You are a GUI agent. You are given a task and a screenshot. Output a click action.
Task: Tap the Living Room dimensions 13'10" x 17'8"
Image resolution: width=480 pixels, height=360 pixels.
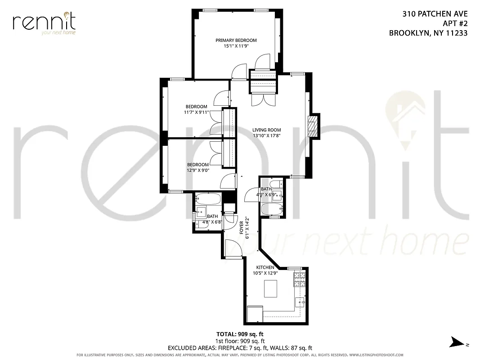(x=266, y=136)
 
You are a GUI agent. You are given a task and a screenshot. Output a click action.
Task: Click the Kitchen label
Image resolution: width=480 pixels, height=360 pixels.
(x=265, y=267)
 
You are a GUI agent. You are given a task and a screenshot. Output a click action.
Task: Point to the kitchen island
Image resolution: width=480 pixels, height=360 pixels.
(x=270, y=288)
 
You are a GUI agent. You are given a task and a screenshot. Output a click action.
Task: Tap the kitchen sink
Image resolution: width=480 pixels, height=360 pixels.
(x=300, y=301)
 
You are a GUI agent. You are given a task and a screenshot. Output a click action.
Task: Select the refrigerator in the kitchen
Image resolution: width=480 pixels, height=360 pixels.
(x=254, y=313)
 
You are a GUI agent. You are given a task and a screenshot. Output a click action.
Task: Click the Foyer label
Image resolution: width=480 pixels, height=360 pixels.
(x=241, y=228)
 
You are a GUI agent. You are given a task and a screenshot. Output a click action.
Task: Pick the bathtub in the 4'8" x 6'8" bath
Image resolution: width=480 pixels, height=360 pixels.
(x=208, y=198)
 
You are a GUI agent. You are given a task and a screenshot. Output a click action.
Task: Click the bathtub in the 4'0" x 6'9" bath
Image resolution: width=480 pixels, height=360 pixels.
(x=272, y=209)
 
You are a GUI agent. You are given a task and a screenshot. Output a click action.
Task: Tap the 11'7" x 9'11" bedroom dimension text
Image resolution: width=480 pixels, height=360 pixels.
(x=196, y=112)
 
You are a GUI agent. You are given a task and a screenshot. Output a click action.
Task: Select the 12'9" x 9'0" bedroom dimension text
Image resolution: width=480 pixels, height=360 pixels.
(x=198, y=170)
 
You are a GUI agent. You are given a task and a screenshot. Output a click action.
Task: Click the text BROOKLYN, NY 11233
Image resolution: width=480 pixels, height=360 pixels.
(x=428, y=33)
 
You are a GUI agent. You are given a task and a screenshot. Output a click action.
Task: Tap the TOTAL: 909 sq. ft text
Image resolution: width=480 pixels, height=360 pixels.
(x=240, y=334)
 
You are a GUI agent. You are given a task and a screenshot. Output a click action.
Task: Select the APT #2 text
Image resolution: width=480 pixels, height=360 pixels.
(x=455, y=23)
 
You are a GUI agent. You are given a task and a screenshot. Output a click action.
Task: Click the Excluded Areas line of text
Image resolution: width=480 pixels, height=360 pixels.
(x=240, y=348)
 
